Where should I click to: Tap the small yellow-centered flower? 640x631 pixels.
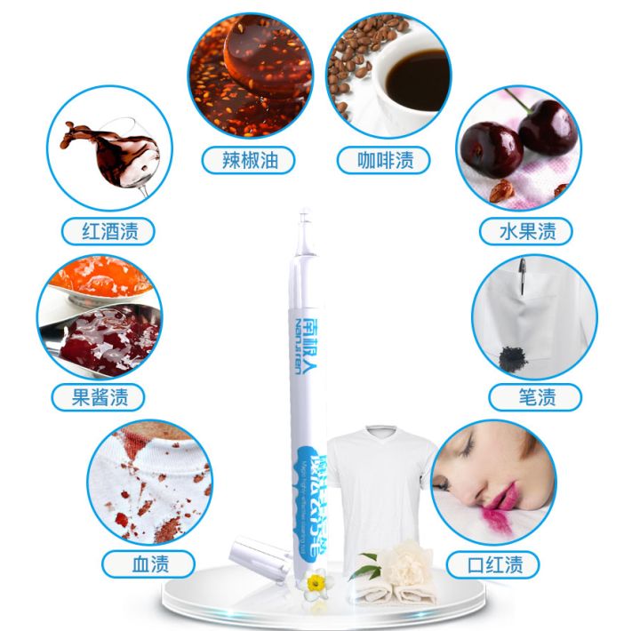click(314, 582)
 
